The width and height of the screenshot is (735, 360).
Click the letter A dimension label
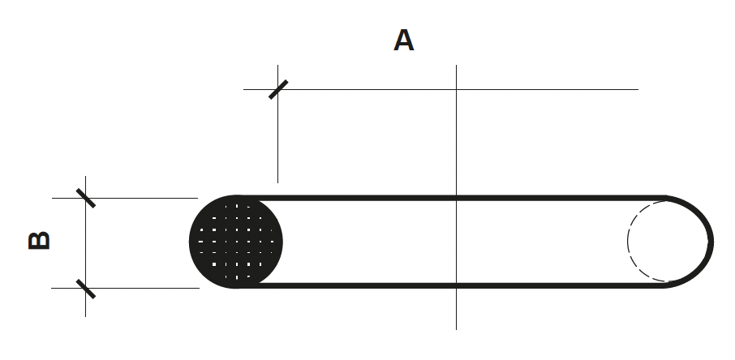403,41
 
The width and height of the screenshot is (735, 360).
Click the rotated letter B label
40,241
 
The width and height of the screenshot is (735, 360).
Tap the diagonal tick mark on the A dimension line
278,89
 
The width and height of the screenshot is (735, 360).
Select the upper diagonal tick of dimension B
86,199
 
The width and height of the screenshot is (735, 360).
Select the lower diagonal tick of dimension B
86,289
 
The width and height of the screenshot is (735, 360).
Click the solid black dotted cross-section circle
236,242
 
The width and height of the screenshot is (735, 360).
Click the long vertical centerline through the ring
456,197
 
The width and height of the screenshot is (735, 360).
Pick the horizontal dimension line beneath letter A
441,89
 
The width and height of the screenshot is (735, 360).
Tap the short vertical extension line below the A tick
277,124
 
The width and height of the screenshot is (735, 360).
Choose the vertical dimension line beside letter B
85,246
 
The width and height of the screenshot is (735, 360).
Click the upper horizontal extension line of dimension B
125,199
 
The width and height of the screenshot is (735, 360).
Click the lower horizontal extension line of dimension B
125,289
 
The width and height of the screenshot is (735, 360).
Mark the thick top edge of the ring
450,198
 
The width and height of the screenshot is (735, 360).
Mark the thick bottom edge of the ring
450,285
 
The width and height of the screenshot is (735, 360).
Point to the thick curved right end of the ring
711,242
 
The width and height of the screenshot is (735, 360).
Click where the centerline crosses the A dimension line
456,89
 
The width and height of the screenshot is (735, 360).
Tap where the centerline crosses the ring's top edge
456,198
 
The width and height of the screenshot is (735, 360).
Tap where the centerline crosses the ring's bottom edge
456,285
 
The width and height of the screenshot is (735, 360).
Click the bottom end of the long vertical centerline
456,329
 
